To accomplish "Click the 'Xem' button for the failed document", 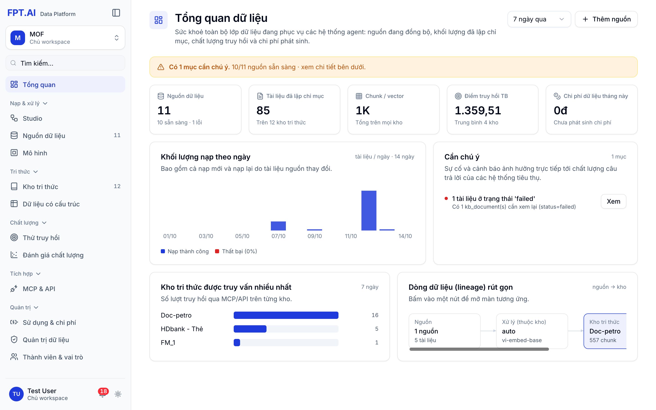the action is tap(613, 201).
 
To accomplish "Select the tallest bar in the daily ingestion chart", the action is tap(369, 210).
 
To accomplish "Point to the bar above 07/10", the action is tap(278, 226).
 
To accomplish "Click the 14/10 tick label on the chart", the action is tap(405, 236).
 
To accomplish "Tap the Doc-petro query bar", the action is tap(286, 315).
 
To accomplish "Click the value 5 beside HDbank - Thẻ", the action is tap(377, 329).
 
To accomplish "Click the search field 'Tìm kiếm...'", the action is tap(65, 63).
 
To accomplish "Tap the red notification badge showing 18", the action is tap(103, 391).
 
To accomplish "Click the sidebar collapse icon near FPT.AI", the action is tap(116, 13).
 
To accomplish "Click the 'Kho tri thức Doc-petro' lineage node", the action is tap(605, 331).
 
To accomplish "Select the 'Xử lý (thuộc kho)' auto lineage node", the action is tap(532, 331).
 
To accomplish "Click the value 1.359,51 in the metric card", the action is tap(478, 110).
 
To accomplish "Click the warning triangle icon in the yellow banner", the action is tap(161, 67).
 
